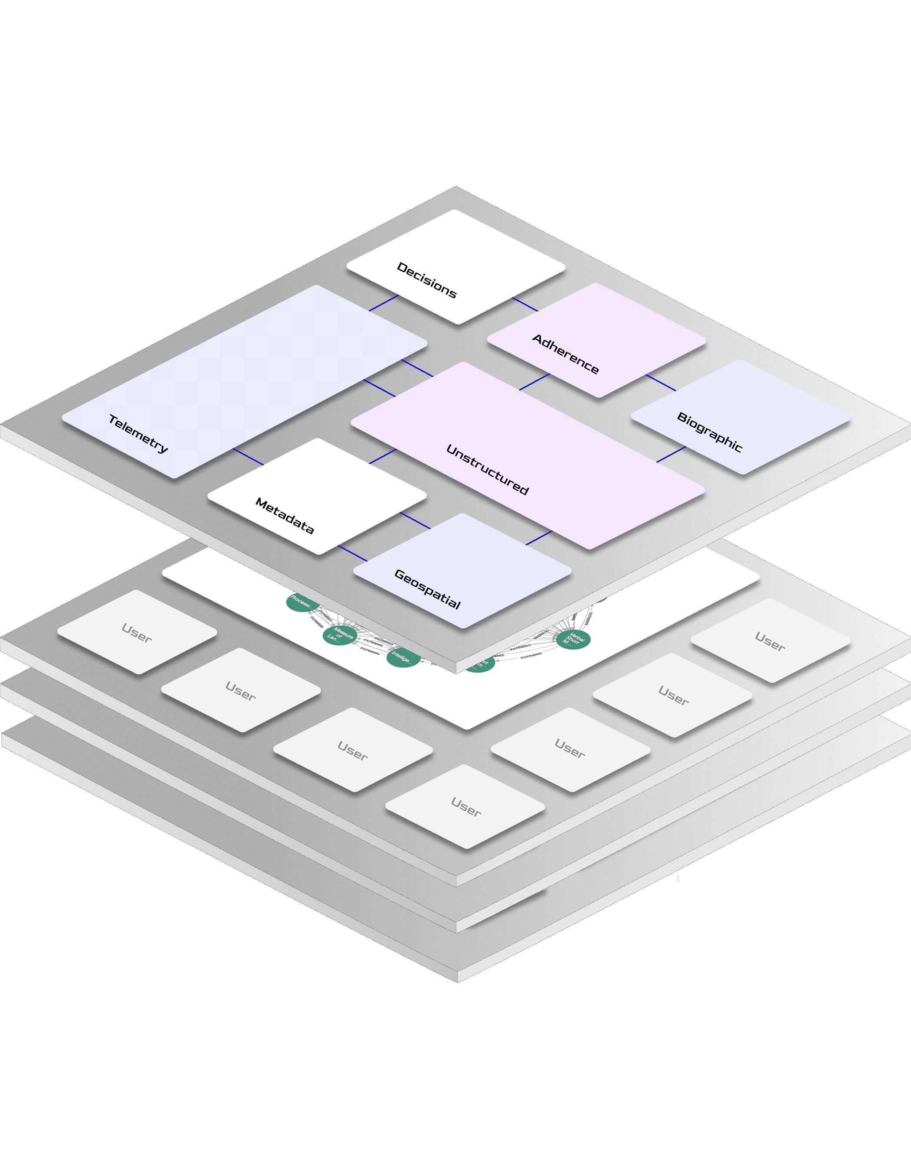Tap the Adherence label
565,354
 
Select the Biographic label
709,432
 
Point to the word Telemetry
138,433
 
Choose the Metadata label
284,515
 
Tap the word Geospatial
427,589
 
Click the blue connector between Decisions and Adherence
525,304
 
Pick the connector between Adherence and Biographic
661,383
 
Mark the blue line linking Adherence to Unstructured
534,382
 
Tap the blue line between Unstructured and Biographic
671,454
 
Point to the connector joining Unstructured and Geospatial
539,538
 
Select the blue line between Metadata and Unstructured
383,456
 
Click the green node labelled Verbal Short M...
573,639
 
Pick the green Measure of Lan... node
339,635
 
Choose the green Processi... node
301,602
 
